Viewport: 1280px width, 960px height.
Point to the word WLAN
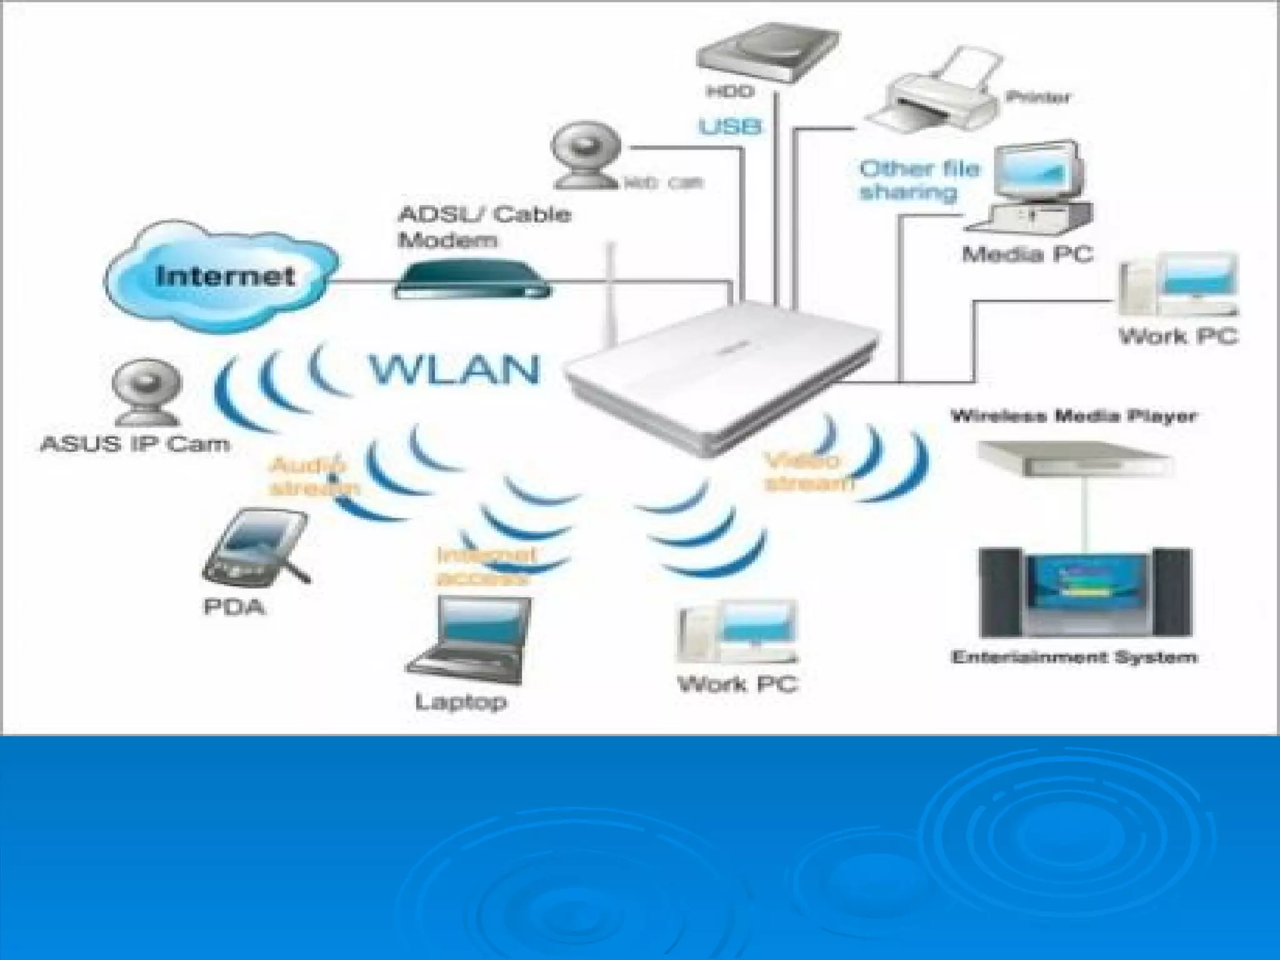click(x=454, y=370)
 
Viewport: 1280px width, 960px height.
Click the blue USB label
click(x=729, y=127)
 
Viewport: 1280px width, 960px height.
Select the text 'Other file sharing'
click(x=918, y=180)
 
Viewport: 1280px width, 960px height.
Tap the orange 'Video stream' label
click(x=807, y=472)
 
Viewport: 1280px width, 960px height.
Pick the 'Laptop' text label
click(x=461, y=701)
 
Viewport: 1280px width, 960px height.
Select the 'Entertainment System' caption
click(x=1073, y=657)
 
